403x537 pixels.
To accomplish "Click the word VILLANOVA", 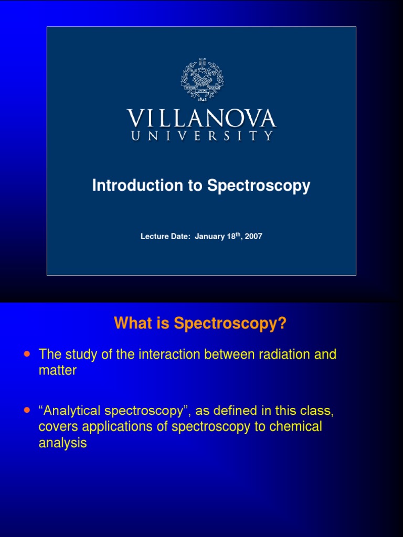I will point(201,119).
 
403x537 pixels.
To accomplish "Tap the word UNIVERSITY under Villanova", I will point(201,136).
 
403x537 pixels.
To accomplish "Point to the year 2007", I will point(253,237).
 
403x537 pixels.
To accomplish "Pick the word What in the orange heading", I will point(132,324).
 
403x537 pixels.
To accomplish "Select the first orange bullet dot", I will point(27,354).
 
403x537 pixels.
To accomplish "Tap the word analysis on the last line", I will point(62,443).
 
